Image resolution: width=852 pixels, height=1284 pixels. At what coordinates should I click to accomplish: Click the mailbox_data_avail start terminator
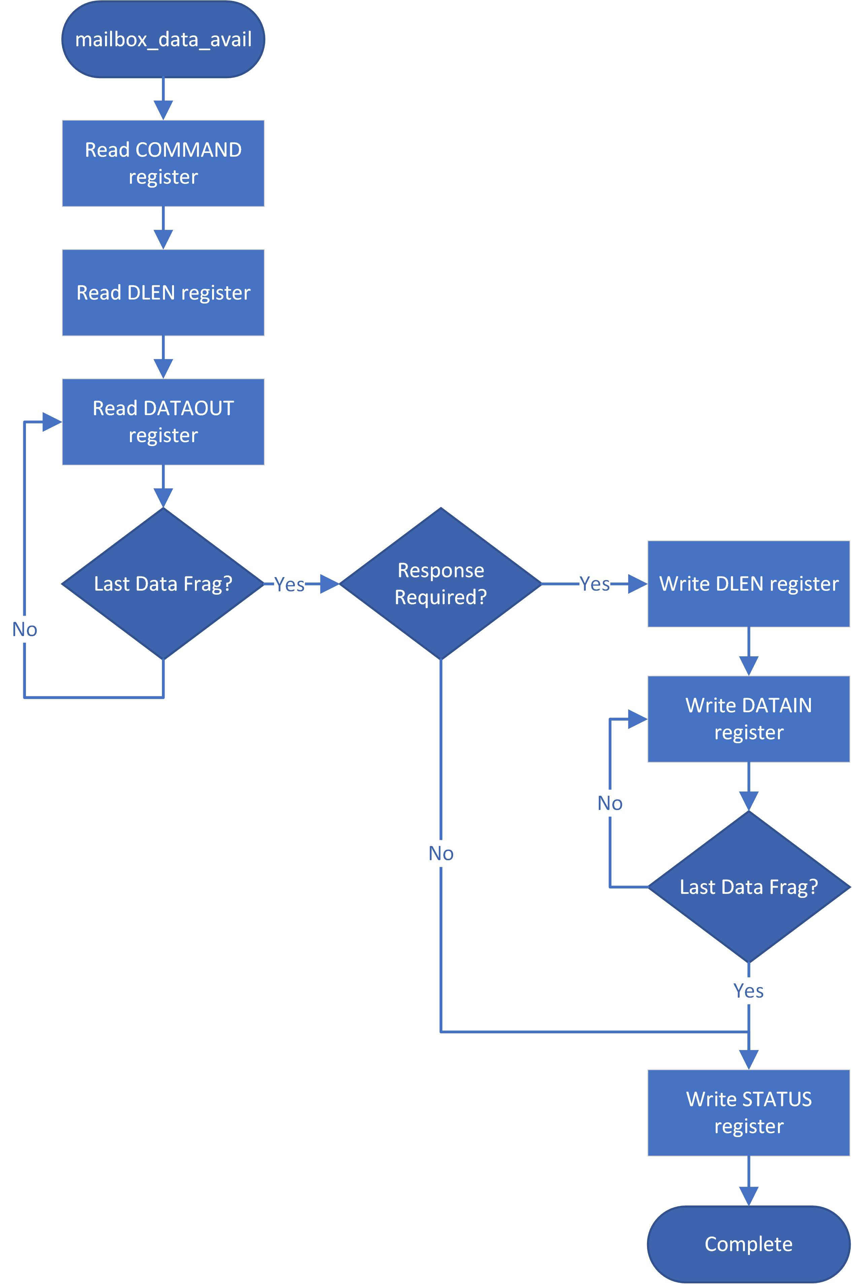point(163,39)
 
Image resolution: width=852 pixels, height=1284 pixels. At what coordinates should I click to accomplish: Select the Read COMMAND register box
point(163,163)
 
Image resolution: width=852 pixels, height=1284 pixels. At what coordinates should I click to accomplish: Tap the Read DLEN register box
point(163,292)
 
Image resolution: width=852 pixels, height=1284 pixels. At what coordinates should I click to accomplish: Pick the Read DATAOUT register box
point(163,421)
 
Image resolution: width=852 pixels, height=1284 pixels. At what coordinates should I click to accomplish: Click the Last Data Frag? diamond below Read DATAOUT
point(163,584)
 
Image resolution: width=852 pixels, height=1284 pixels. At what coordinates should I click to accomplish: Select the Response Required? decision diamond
point(441,584)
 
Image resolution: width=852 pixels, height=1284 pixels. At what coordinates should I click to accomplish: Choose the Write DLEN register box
point(748,584)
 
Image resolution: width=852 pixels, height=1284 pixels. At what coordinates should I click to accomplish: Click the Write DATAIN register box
point(748,718)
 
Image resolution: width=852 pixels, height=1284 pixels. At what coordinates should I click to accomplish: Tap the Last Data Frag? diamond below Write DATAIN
point(748,886)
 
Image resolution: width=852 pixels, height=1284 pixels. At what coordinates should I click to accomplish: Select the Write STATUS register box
point(748,1113)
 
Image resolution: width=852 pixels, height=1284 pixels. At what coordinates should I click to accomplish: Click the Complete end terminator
point(748,1244)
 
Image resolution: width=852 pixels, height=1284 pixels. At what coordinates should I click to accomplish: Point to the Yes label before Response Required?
point(289,585)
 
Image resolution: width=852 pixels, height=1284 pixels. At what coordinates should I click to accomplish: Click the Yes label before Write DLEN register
point(594,584)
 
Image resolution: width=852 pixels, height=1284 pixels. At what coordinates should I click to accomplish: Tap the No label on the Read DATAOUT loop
point(25,630)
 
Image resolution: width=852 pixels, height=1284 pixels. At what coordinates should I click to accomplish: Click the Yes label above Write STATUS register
point(748,991)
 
